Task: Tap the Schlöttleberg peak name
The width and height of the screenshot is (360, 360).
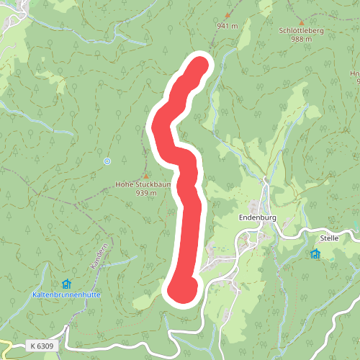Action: tap(302, 31)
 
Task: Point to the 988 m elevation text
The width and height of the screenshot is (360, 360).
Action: tap(302, 39)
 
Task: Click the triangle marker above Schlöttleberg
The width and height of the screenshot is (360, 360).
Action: tap(302, 22)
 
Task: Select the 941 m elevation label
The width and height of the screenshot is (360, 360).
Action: tap(227, 25)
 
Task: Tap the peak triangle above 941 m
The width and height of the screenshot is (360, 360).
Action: tap(229, 14)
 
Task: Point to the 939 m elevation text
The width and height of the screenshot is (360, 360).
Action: tap(147, 193)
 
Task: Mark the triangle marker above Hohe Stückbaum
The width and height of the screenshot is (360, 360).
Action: tap(146, 175)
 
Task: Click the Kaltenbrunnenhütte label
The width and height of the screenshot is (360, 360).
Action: tap(66, 295)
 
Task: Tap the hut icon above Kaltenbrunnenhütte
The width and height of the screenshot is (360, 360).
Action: tap(66, 284)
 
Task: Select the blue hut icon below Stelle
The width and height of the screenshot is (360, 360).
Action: tap(315, 253)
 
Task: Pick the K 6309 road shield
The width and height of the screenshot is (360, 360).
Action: tap(42, 346)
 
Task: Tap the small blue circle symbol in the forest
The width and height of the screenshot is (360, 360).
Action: tap(107, 161)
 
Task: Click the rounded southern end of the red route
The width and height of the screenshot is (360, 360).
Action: tap(181, 289)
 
